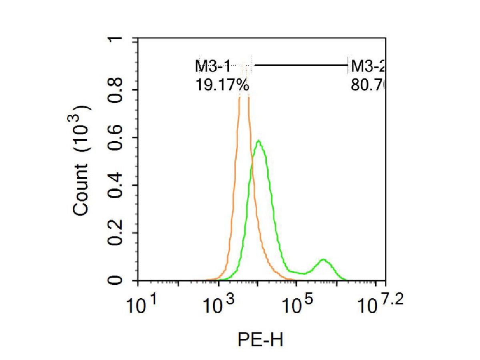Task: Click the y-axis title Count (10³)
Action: click(x=82, y=161)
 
